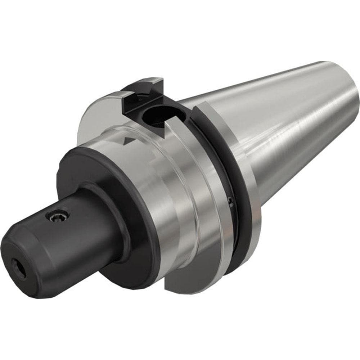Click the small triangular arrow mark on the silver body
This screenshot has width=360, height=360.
click(x=127, y=140)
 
